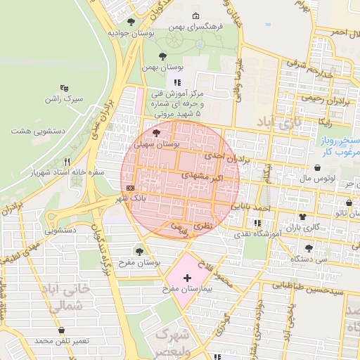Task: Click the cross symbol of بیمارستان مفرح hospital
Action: point(186,278)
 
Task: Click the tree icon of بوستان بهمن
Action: point(163,56)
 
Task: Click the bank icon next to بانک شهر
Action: point(131,188)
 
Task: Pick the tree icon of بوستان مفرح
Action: point(139,250)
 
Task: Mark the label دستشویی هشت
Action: point(39,131)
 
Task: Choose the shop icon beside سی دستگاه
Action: point(309,247)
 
